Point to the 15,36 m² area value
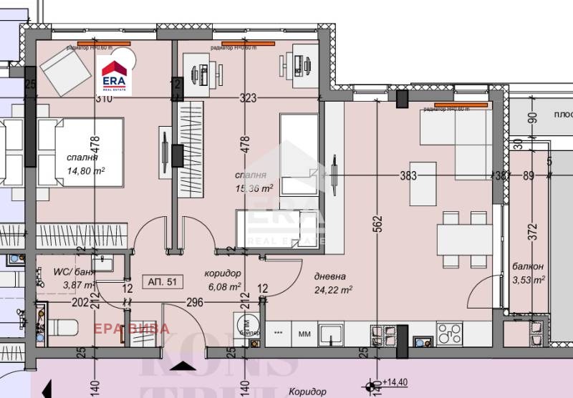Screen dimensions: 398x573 [254, 188]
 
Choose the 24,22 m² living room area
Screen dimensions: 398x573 [333, 290]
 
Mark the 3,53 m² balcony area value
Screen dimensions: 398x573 [529, 279]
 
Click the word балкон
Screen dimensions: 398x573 [528, 266]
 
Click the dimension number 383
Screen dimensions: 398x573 [408, 175]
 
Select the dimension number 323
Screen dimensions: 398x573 [248, 99]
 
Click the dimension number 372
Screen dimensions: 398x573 [531, 230]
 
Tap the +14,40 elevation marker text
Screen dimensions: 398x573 [394, 383]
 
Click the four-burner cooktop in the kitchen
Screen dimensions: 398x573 [450, 333]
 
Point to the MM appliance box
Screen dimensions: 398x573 [304, 334]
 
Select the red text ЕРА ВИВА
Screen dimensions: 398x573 [133, 329]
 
